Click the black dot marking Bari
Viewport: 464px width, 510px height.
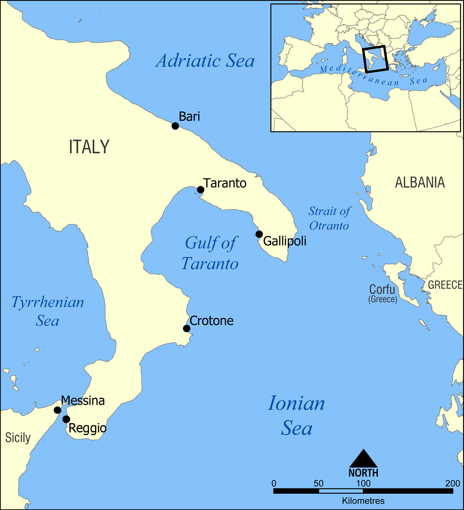tap(175, 126)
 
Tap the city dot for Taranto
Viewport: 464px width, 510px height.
tap(200, 190)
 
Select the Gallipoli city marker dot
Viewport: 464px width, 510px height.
tap(259, 234)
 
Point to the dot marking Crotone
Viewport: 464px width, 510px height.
tap(186, 329)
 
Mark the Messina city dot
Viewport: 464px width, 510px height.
tap(57, 410)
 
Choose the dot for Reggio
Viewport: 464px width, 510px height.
tap(66, 419)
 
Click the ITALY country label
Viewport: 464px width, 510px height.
tap(89, 147)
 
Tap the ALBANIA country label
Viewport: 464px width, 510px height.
tap(420, 182)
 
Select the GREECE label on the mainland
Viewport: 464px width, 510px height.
tap(445, 285)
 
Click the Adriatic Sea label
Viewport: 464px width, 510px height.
tap(205, 61)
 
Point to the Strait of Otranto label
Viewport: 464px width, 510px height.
tap(329, 219)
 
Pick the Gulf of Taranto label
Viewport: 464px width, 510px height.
tap(210, 253)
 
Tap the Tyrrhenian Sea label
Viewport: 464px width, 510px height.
tap(48, 311)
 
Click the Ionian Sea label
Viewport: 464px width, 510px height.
tap(297, 415)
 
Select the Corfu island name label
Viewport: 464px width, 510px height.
tap(382, 290)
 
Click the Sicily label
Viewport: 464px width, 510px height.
tap(18, 438)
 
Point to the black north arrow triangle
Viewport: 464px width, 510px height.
tap(363, 459)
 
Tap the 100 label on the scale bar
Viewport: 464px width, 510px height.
tap(363, 483)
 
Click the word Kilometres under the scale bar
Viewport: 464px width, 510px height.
tap(363, 501)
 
